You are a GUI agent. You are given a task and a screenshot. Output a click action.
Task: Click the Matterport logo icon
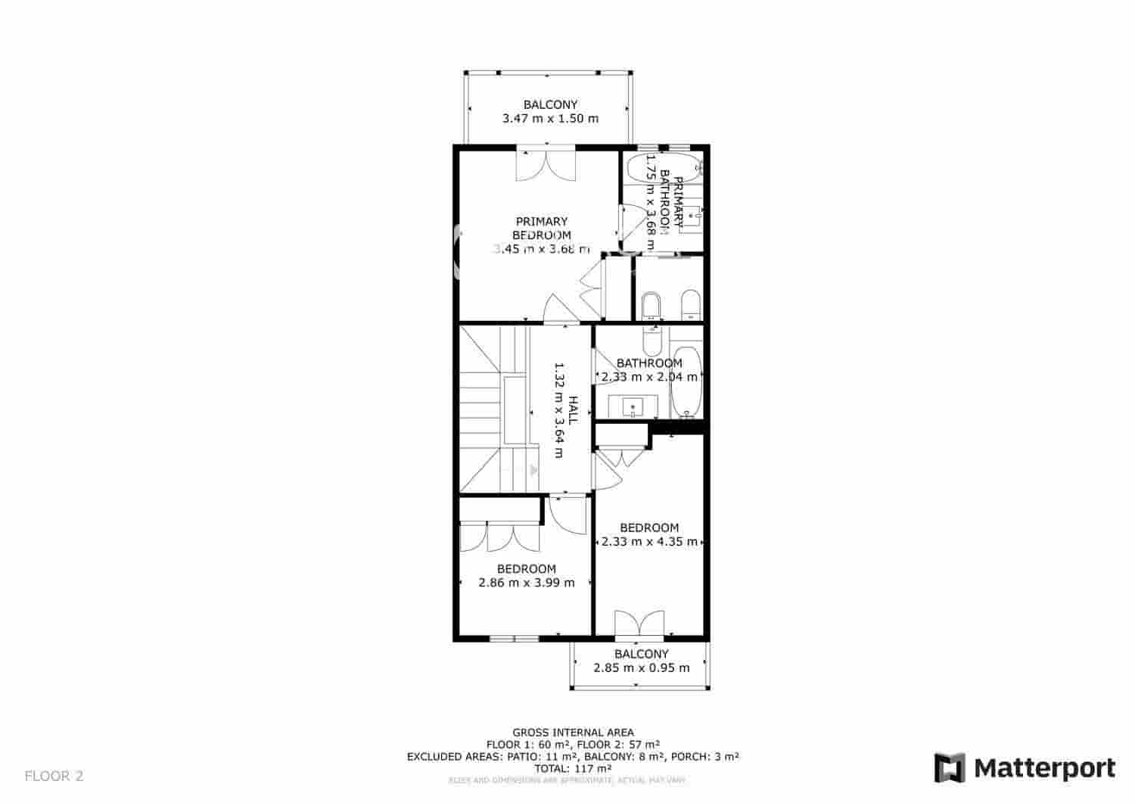(950, 767)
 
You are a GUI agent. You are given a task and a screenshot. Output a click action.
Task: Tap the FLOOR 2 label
(54, 776)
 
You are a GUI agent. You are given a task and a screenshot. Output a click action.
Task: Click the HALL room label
(574, 409)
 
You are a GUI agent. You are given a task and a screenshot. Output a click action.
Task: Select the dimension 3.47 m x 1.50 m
(550, 119)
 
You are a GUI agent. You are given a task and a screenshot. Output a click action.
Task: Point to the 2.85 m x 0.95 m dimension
(642, 668)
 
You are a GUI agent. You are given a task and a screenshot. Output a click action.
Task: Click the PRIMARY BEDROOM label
(542, 228)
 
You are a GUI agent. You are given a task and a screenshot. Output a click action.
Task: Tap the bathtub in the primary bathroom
(674, 168)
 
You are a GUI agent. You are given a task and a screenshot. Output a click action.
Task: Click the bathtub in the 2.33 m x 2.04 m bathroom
(687, 382)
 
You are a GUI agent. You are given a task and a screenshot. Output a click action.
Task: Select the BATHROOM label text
(649, 363)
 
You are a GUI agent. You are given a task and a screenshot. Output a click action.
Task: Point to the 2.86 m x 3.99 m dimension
(527, 583)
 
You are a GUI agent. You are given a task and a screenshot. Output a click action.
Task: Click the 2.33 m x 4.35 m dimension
(649, 542)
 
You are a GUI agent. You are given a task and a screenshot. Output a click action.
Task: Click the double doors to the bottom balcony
(640, 624)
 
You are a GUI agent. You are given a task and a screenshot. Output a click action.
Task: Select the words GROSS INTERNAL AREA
(574, 733)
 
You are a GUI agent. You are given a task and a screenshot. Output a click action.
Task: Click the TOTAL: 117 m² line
(573, 768)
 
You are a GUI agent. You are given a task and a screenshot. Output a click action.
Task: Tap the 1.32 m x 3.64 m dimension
(560, 409)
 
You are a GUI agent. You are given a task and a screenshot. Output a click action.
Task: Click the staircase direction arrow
(533, 470)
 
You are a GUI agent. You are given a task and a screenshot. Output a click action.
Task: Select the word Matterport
(1044, 768)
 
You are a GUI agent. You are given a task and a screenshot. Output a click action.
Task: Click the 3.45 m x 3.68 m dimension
(542, 249)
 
